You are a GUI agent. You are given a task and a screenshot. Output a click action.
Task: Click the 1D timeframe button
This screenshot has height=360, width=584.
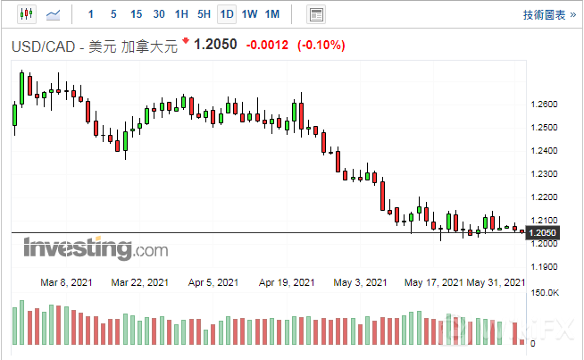(227, 14)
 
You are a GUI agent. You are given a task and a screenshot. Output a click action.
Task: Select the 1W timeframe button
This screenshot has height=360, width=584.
(250, 14)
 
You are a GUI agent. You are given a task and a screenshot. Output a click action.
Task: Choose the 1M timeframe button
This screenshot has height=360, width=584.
(272, 14)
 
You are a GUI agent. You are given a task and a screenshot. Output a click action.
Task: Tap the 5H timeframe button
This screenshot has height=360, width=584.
(204, 14)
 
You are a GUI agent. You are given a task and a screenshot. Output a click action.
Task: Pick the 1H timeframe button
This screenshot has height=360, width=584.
(181, 14)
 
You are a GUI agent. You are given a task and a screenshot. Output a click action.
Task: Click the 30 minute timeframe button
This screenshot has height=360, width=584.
(159, 14)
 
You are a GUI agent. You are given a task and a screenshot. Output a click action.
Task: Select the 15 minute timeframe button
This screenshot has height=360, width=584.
(136, 14)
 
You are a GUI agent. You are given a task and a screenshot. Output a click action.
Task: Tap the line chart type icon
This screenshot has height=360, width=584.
(54, 14)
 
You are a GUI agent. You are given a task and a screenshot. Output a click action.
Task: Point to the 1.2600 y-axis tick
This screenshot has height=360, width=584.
(544, 105)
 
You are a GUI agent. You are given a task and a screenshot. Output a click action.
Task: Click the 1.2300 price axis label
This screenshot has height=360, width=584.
(544, 174)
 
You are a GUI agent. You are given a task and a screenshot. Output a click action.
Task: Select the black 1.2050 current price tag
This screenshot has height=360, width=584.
(544, 233)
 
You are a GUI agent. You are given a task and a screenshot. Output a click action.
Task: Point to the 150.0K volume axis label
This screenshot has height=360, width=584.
(545, 293)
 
